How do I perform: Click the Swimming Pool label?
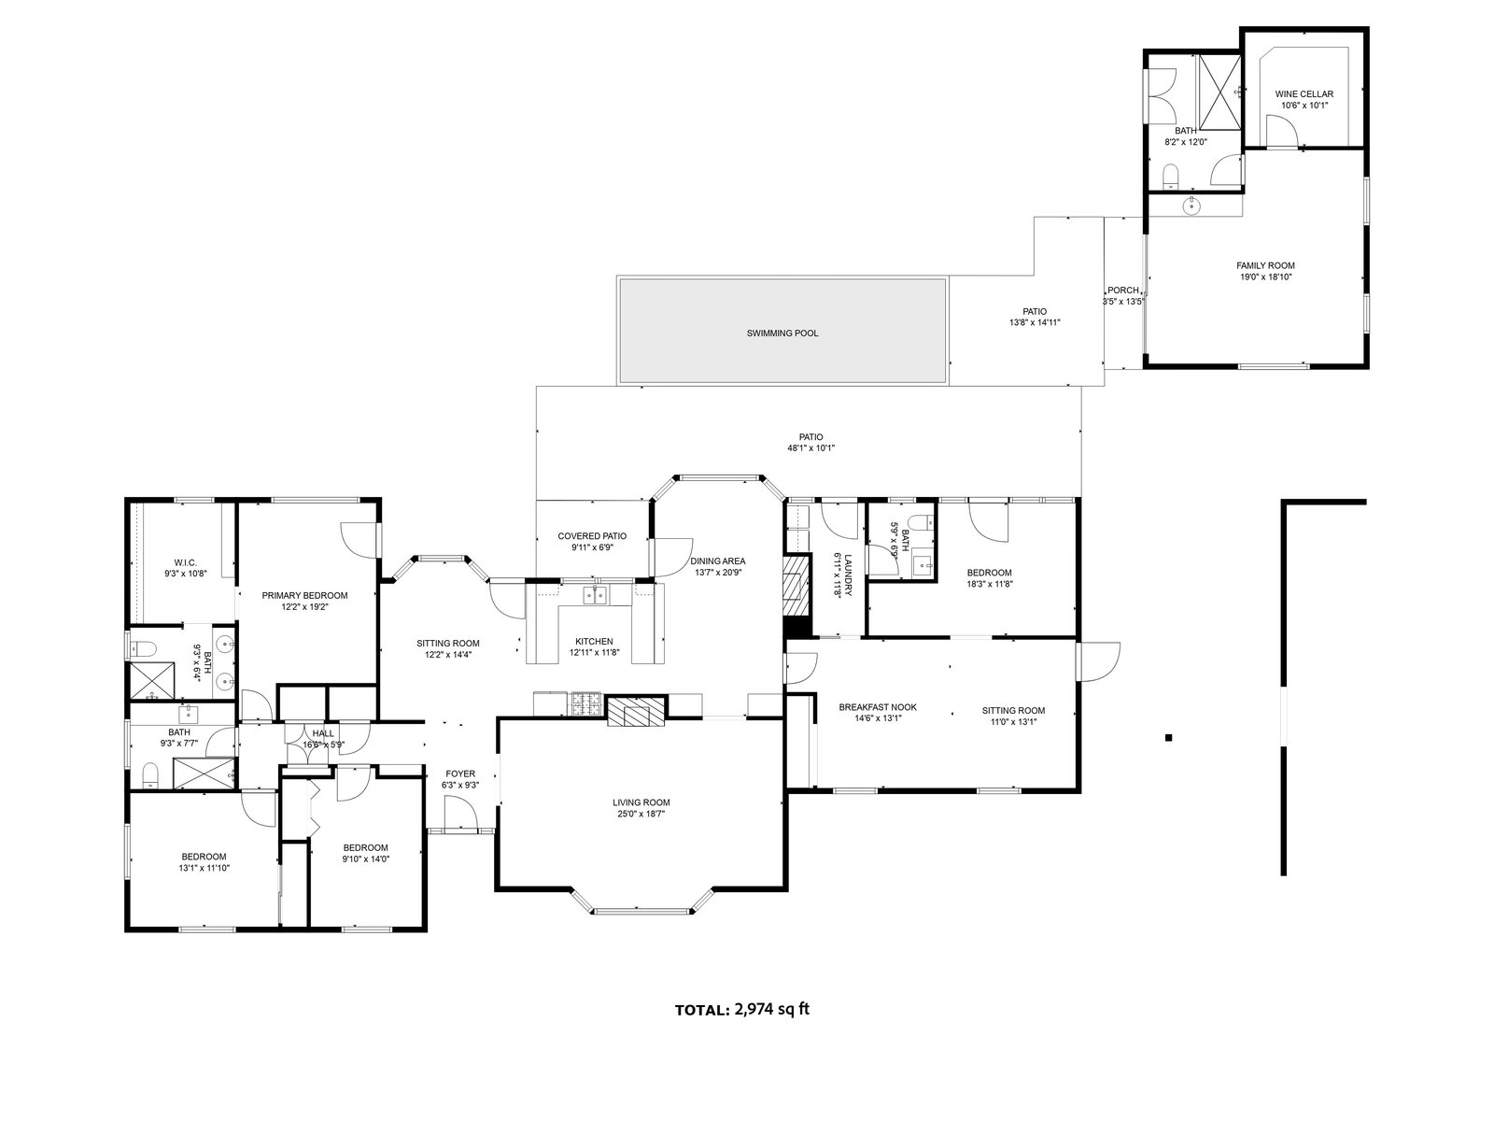point(782,333)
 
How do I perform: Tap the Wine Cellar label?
point(1304,93)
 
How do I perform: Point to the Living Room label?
point(641,802)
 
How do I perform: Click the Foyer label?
point(460,773)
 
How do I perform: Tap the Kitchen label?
point(594,641)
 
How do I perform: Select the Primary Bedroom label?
point(304,595)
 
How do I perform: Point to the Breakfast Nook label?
point(878,707)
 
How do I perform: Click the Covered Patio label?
point(592,535)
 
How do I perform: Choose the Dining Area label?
point(718,560)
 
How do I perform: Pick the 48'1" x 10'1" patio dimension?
point(810,447)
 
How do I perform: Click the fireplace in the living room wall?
point(637,711)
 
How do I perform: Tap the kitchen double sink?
point(594,595)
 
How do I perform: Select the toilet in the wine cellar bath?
point(1171,176)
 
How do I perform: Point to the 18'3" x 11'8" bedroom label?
point(989,584)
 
